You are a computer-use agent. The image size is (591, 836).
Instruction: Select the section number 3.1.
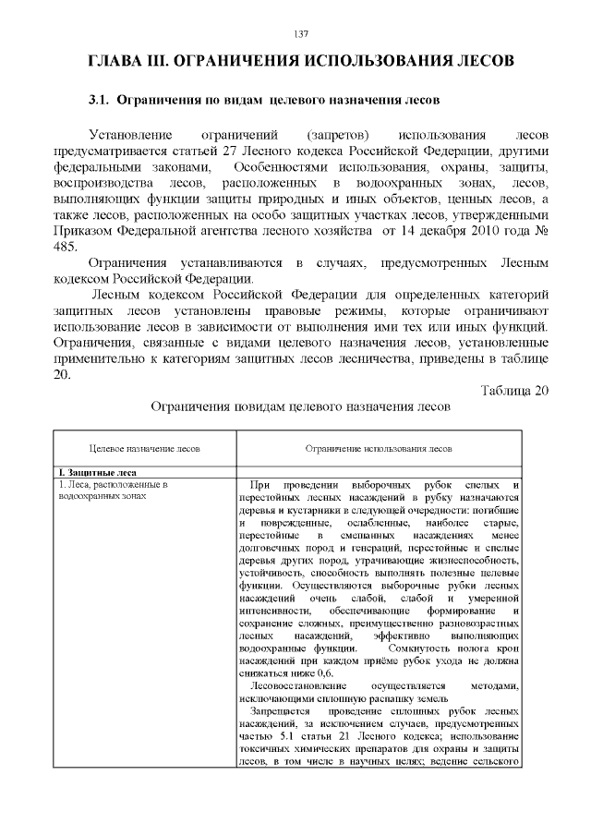coord(99,99)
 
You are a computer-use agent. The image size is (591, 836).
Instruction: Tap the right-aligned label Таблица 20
coord(514,390)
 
